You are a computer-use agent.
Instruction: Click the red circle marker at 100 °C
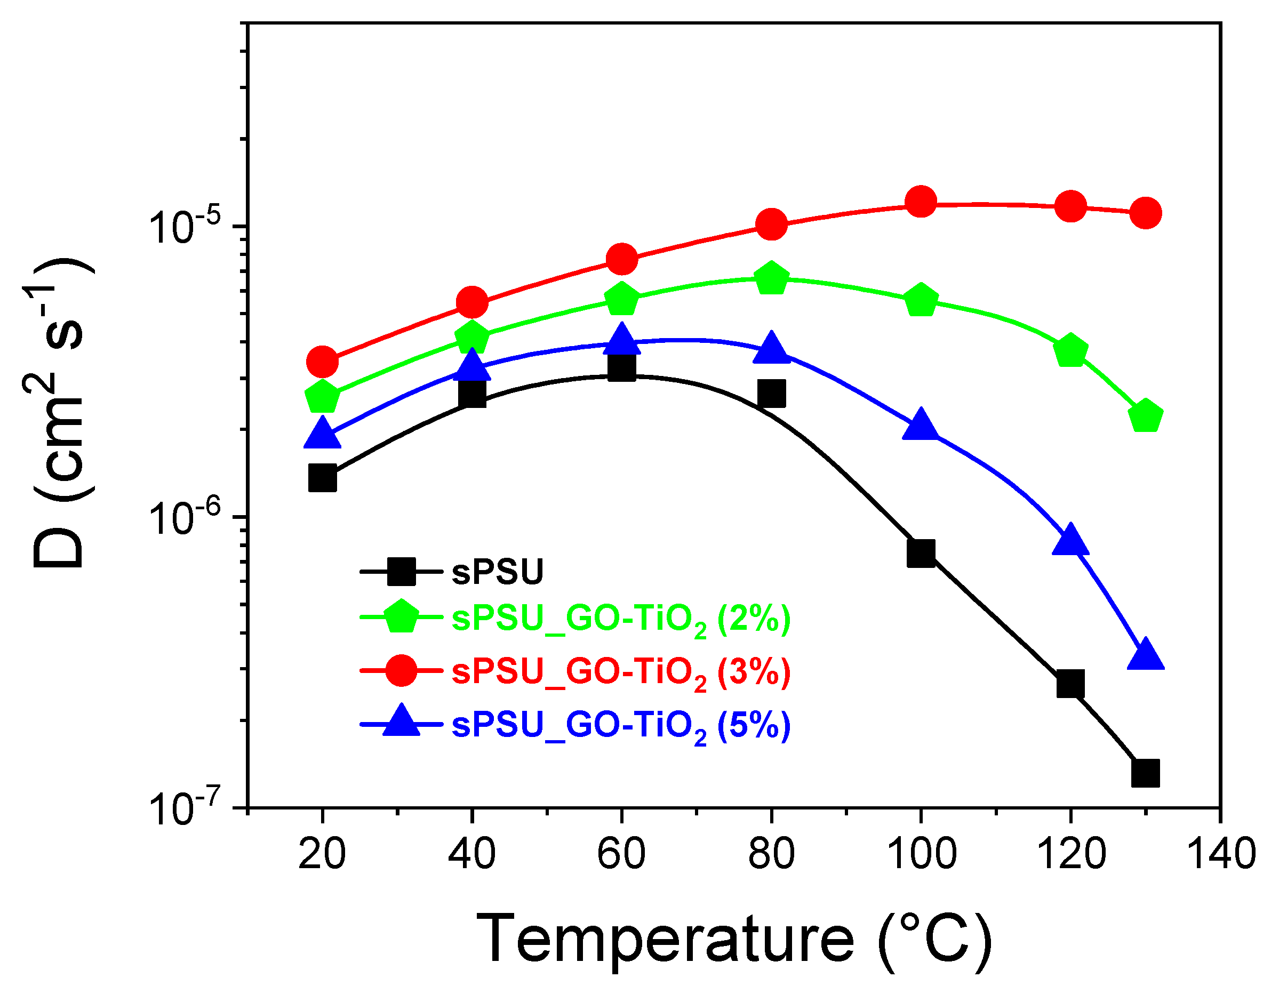pos(921,202)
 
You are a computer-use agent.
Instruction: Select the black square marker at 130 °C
pos(1145,773)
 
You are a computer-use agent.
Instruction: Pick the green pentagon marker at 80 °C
pos(771,278)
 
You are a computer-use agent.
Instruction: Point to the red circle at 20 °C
pos(322,362)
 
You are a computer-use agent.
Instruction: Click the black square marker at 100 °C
pos(921,552)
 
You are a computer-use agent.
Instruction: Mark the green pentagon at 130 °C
pos(1145,416)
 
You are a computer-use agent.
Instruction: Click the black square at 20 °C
pos(322,478)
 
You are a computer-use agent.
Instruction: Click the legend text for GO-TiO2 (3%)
pos(621,674)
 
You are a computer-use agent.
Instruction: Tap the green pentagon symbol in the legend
pos(402,617)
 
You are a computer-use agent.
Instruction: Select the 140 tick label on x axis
pos(1220,854)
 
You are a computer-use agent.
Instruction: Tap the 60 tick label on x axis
pos(621,854)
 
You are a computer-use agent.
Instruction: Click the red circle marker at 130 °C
pos(1145,213)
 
